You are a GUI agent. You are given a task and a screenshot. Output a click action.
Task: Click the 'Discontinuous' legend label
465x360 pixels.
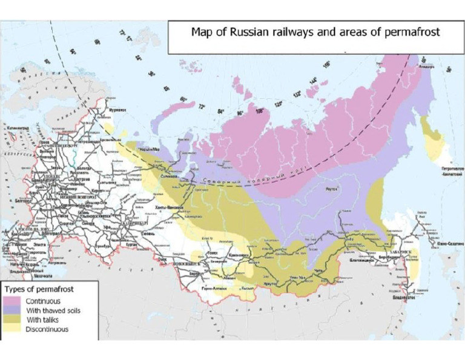[x=47, y=329]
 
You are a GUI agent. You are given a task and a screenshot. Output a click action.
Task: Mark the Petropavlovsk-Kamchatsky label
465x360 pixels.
[x=446, y=170]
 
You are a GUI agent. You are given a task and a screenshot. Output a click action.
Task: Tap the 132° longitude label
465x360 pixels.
[x=297, y=94]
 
